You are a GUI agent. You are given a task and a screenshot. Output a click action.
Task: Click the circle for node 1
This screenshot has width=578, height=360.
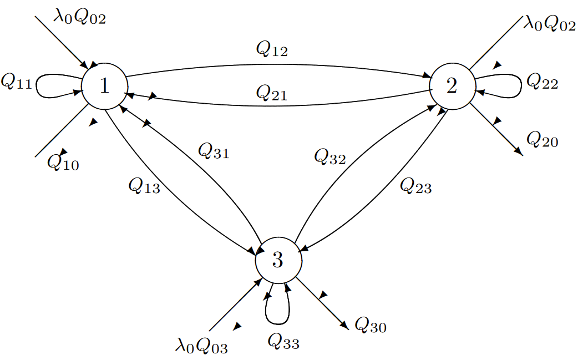[105, 85]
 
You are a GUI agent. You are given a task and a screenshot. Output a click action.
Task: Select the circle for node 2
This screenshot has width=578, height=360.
[452, 85]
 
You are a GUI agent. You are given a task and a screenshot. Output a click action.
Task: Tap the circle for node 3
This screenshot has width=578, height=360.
[278, 258]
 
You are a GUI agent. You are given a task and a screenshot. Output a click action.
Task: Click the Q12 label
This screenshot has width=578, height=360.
[272, 50]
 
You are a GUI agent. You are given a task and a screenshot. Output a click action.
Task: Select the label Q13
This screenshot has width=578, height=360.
[144, 187]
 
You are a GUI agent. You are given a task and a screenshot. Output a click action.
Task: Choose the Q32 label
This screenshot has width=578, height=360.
[329, 158]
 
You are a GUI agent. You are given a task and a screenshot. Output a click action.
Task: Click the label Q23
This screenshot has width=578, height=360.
[415, 186]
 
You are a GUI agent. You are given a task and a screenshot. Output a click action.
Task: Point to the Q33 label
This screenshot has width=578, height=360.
[283, 341]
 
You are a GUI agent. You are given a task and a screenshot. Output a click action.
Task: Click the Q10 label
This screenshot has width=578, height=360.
[63, 162]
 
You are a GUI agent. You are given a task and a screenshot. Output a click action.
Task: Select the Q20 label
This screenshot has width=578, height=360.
[542, 140]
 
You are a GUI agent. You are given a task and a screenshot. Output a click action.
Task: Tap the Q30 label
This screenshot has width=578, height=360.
[371, 326]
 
